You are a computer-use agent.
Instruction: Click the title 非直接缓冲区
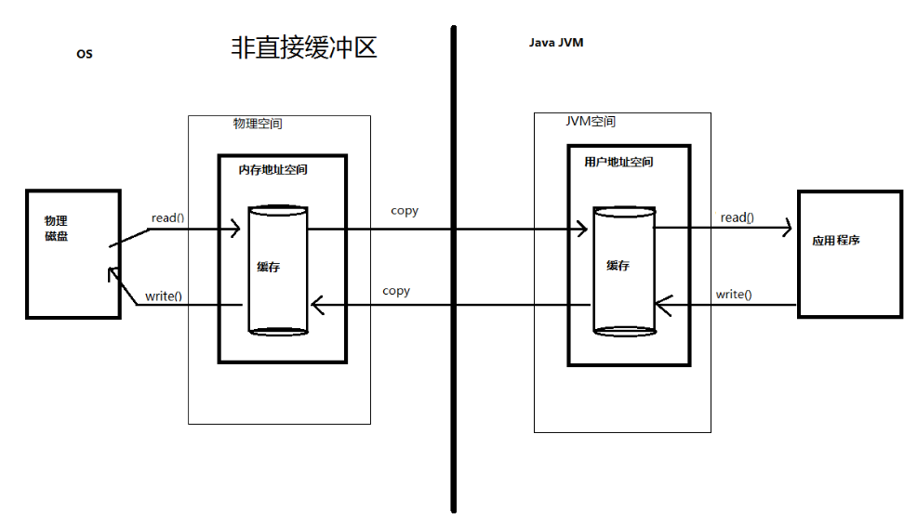[303, 47]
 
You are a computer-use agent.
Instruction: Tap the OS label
[85, 54]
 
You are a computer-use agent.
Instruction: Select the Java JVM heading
[556, 43]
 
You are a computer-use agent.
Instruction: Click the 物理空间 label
[258, 124]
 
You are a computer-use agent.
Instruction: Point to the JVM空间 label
[590, 122]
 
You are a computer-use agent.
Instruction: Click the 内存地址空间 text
[272, 170]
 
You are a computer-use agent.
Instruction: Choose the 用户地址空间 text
[618, 162]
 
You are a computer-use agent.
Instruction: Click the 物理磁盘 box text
[56, 229]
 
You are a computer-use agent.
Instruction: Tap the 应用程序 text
[835, 240]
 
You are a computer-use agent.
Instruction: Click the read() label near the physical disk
[167, 218]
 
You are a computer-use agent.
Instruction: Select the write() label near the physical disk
[164, 297]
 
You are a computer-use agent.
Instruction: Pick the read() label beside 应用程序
[738, 217]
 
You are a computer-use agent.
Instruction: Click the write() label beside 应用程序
[734, 295]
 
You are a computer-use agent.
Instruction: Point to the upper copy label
[405, 211]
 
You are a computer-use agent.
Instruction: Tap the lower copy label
[396, 291]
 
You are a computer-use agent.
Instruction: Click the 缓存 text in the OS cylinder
[269, 267]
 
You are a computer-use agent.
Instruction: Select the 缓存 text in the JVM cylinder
[618, 265]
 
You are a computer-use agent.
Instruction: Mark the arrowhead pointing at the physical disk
[112, 272]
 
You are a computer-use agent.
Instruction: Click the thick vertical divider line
[454, 270]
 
